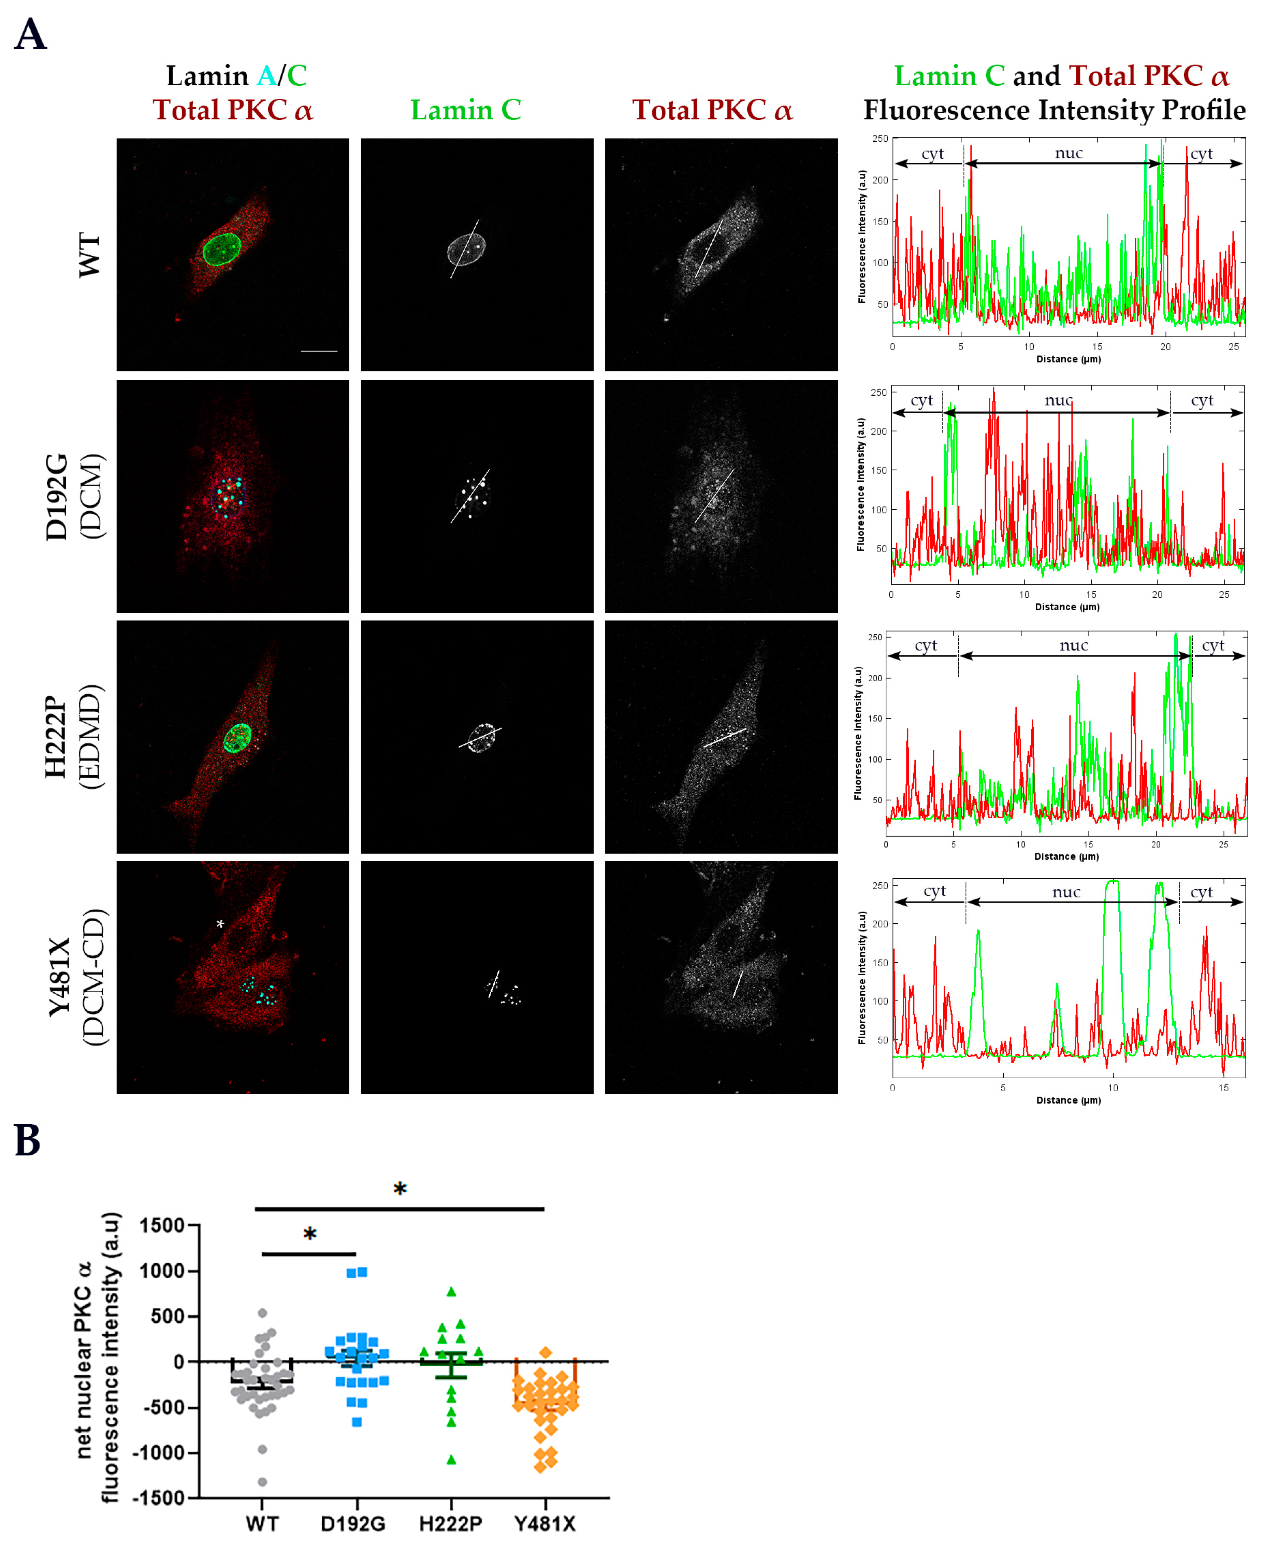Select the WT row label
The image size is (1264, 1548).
point(89,255)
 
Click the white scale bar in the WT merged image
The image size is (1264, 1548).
point(319,351)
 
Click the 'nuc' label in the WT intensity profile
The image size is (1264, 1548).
point(1068,153)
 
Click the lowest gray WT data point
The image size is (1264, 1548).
point(262,1482)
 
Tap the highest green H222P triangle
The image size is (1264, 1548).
point(451,1292)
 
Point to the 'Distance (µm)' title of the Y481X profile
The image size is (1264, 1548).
point(1068,1100)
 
